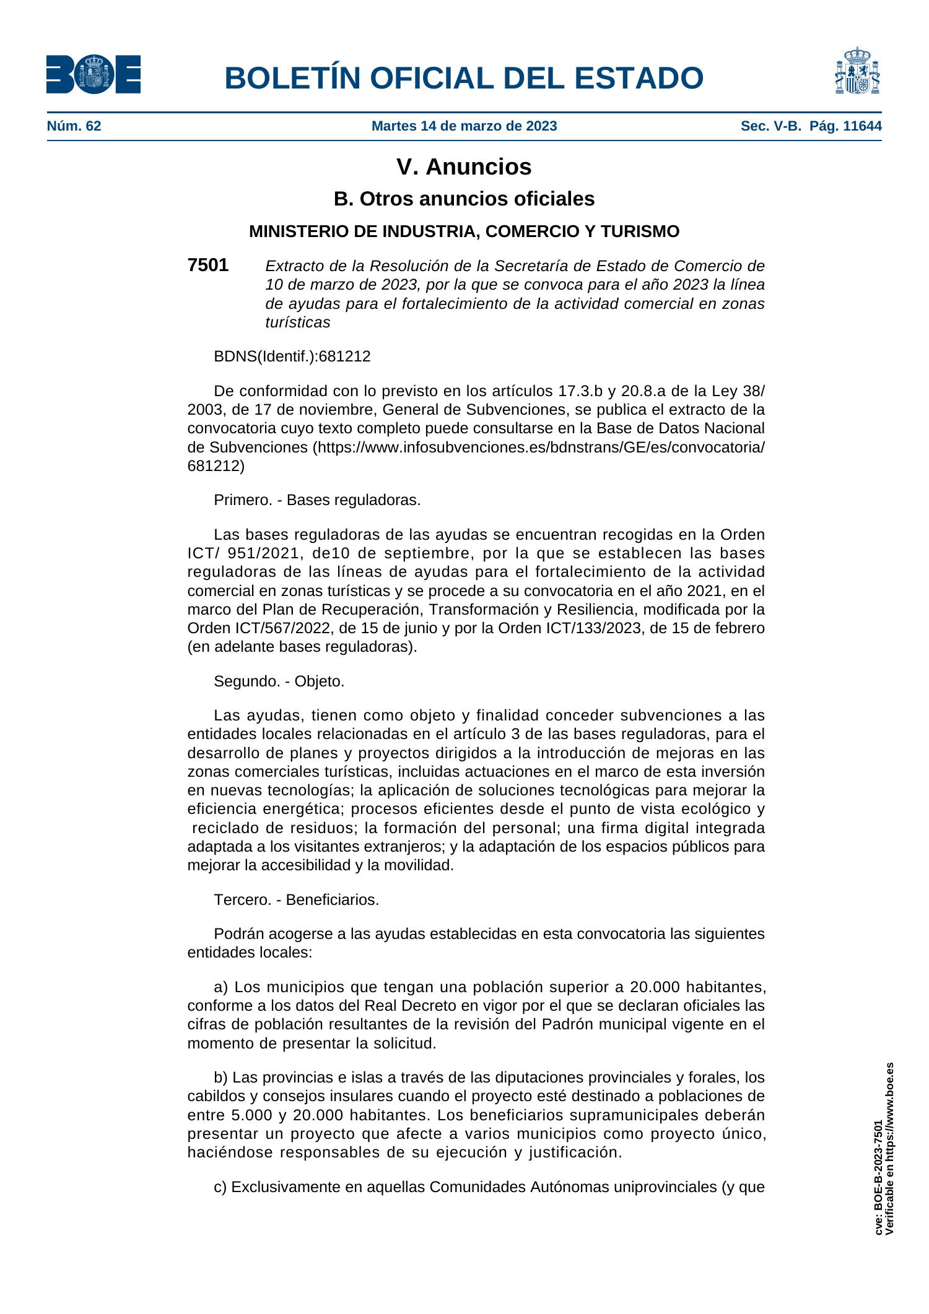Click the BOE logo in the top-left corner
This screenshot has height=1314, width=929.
tap(93, 74)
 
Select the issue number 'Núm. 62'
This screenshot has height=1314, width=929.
tap(74, 127)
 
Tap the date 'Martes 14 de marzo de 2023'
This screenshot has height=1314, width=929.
tap(464, 127)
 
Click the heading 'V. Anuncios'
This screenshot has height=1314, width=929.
tap(464, 167)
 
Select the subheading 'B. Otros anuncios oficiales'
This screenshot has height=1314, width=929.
tap(464, 199)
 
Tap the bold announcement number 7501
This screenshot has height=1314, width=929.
tap(207, 266)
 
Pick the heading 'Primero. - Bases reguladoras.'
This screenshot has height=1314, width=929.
tap(317, 500)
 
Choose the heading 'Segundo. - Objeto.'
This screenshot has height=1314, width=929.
tap(279, 681)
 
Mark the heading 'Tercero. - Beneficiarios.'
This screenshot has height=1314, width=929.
tap(296, 900)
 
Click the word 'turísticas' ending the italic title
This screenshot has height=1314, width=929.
tap(297, 322)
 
